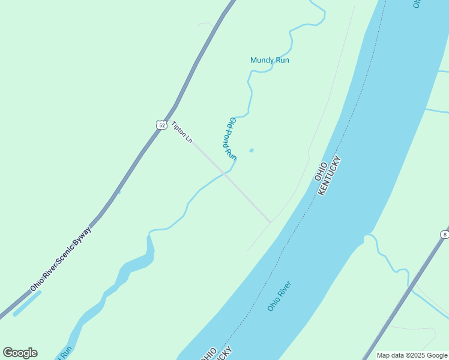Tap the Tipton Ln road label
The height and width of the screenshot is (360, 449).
click(x=182, y=132)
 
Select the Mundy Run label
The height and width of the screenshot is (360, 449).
click(x=270, y=60)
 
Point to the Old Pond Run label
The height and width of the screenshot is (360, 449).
click(x=231, y=137)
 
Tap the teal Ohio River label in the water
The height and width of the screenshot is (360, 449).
click(x=279, y=296)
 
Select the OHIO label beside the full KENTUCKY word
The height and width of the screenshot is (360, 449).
click(x=321, y=172)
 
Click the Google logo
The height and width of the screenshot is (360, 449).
click(x=20, y=353)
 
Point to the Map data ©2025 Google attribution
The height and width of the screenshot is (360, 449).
click(x=412, y=355)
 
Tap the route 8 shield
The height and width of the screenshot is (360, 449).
click(x=444, y=235)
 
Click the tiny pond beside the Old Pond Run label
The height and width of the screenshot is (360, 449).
click(x=251, y=150)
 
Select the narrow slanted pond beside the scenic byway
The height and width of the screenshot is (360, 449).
click(x=27, y=304)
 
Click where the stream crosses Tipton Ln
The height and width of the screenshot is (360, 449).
click(x=224, y=174)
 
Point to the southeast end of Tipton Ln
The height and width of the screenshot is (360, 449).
click(x=270, y=221)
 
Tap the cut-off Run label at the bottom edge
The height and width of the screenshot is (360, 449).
click(x=65, y=353)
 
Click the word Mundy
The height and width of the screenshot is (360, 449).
click(x=262, y=60)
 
